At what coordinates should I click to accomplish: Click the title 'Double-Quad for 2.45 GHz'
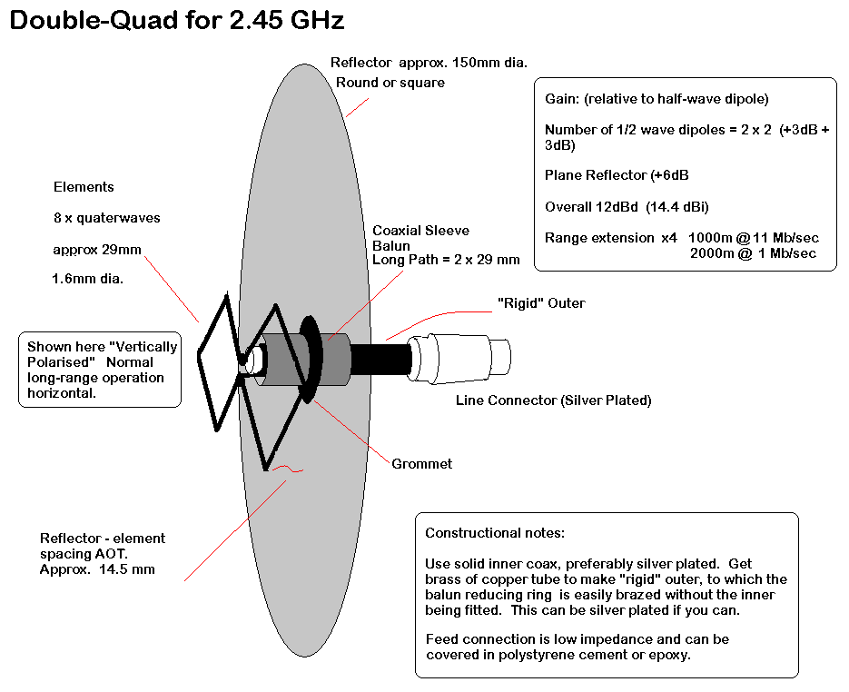(177, 21)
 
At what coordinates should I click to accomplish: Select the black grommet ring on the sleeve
(308, 358)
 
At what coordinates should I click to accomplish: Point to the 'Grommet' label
(421, 464)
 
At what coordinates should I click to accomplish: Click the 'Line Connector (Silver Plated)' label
(553, 400)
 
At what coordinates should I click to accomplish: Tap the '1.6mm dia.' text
(88, 279)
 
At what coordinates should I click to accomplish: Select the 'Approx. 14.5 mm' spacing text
(97, 569)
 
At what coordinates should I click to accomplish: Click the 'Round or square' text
(390, 83)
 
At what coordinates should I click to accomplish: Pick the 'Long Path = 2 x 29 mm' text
(446, 260)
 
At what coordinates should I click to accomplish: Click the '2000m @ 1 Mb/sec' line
(752, 253)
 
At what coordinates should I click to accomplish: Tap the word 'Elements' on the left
(84, 187)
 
